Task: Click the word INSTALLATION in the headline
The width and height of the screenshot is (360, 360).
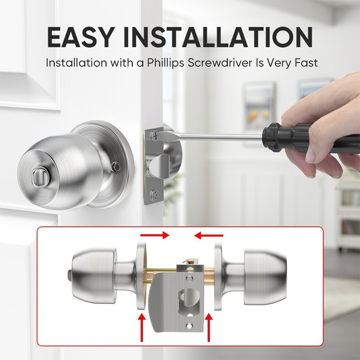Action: (x=218, y=37)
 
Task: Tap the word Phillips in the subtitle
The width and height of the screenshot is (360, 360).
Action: (x=166, y=63)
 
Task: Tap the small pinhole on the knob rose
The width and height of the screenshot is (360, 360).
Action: (x=116, y=166)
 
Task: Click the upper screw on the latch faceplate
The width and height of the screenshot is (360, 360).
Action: (x=154, y=135)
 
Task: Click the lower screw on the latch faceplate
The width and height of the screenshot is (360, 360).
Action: (x=154, y=194)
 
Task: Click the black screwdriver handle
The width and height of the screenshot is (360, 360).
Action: (x=287, y=137)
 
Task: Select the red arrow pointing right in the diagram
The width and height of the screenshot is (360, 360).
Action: (x=155, y=235)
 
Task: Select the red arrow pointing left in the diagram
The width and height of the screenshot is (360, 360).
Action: (x=208, y=235)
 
